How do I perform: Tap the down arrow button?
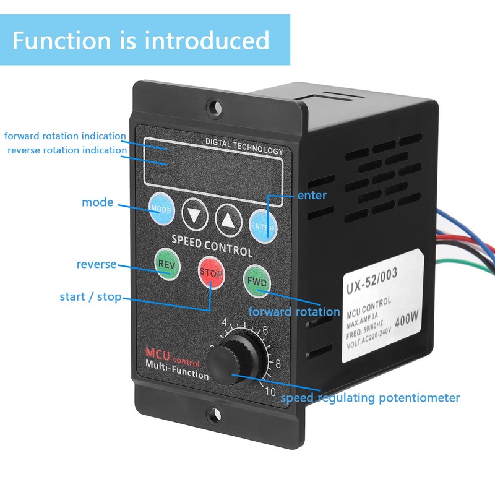tap(195, 215)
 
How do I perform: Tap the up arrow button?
tap(228, 218)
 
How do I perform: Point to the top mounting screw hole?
tap(214, 108)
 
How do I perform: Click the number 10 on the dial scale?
tap(270, 390)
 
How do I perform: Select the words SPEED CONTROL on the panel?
tap(212, 245)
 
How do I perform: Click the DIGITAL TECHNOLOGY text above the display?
tap(244, 147)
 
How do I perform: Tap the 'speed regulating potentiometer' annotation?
tap(370, 398)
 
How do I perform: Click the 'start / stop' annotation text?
tap(90, 296)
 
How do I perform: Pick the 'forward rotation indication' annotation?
tap(65, 136)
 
